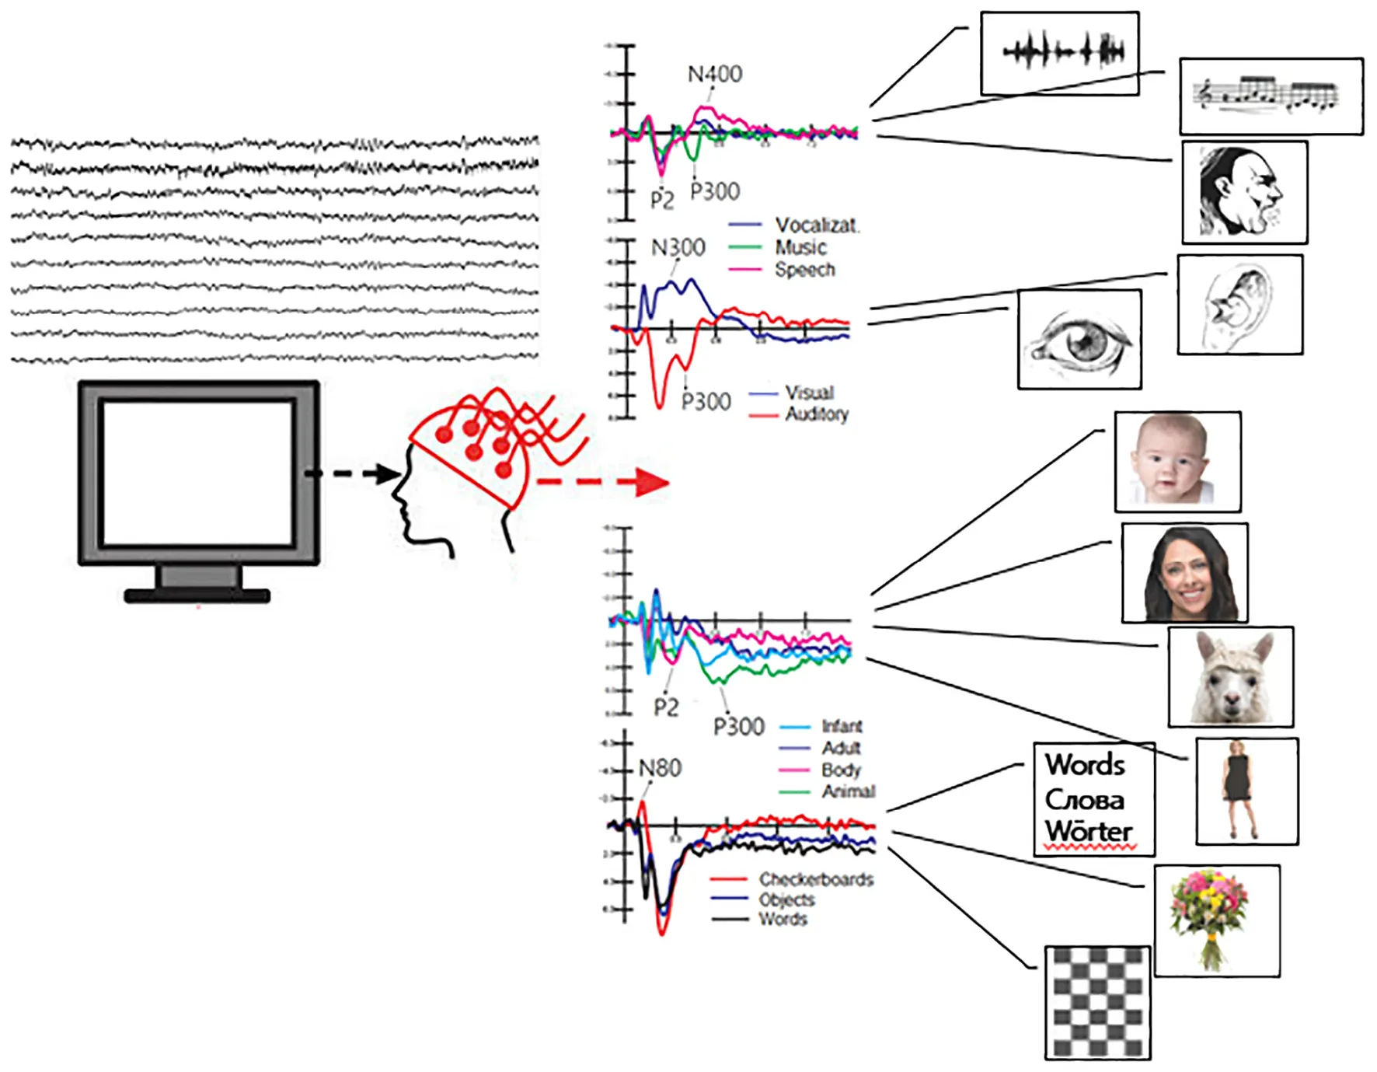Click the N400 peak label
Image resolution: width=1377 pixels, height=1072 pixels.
[x=715, y=74]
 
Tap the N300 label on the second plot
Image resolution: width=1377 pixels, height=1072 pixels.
[x=678, y=248]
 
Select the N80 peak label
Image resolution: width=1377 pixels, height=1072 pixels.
[x=660, y=768]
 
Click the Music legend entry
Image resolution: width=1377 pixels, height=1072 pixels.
[x=800, y=247]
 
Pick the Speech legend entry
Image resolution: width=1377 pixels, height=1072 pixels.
[x=804, y=270]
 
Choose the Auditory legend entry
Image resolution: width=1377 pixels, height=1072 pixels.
[x=816, y=414]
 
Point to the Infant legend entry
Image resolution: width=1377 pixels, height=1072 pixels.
[x=842, y=726]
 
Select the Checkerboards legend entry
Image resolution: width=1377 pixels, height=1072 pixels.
[x=815, y=879]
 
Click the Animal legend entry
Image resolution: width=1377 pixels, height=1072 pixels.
[x=848, y=791]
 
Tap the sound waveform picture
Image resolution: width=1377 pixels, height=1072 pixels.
[x=1060, y=53]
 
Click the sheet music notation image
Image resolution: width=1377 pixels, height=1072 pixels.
[x=1271, y=96]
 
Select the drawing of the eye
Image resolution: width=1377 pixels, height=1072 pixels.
[x=1079, y=340]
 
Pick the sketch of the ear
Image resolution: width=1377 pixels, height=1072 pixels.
[x=1239, y=305]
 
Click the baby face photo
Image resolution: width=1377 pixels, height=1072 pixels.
[x=1177, y=462]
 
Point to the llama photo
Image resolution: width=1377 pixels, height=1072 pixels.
[x=1231, y=677]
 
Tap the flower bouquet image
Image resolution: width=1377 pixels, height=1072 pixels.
[x=1216, y=920]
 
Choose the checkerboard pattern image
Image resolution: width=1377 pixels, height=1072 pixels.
[x=1097, y=1003]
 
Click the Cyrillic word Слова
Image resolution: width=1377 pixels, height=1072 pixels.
[x=1084, y=800]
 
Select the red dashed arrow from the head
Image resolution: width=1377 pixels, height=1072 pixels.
[x=602, y=482]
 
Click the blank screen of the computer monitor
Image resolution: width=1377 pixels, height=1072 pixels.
[x=198, y=472]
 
